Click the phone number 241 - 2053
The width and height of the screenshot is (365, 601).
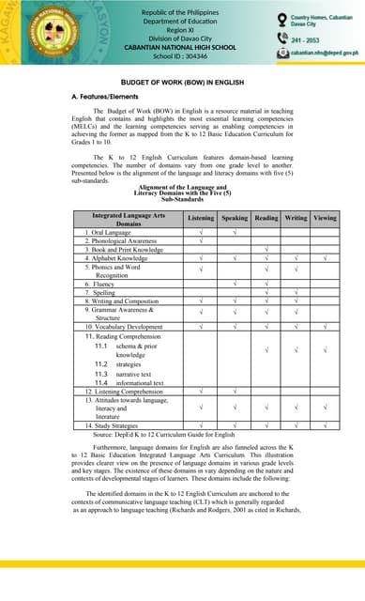(x=307, y=40)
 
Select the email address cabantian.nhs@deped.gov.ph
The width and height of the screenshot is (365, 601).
(x=325, y=55)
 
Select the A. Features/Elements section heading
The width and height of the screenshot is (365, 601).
(x=105, y=98)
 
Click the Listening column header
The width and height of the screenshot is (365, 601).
(x=201, y=218)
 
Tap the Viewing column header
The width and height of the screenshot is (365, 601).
(x=324, y=218)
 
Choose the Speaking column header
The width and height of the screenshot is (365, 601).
(x=235, y=218)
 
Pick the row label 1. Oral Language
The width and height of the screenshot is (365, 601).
(x=109, y=232)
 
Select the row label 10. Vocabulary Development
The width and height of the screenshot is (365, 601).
(x=124, y=326)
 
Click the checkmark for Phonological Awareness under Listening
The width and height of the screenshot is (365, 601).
(x=201, y=240)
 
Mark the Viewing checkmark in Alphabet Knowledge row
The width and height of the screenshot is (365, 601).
(x=324, y=257)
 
